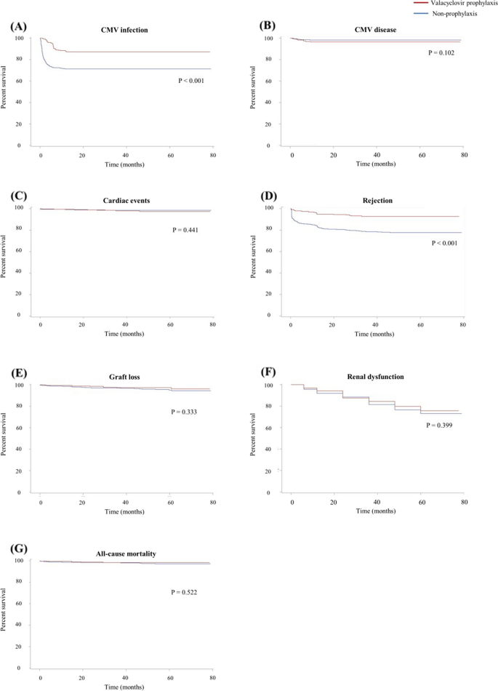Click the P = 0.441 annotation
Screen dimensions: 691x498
[185, 230]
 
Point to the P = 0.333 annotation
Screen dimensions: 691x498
[185, 412]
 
